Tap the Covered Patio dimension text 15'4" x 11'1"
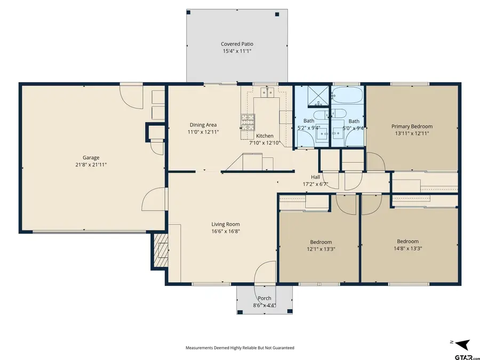[x=237, y=51]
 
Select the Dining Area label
[x=203, y=125]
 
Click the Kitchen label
[x=265, y=136]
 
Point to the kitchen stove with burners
[x=249, y=122]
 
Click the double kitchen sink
[x=267, y=93]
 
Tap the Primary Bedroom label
[x=412, y=126]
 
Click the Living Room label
[x=226, y=225]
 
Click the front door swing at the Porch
[x=266, y=274]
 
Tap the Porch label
[x=265, y=298]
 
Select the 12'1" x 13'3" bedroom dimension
[x=321, y=249]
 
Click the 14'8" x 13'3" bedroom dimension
[x=407, y=248]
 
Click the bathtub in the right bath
[x=348, y=97]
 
